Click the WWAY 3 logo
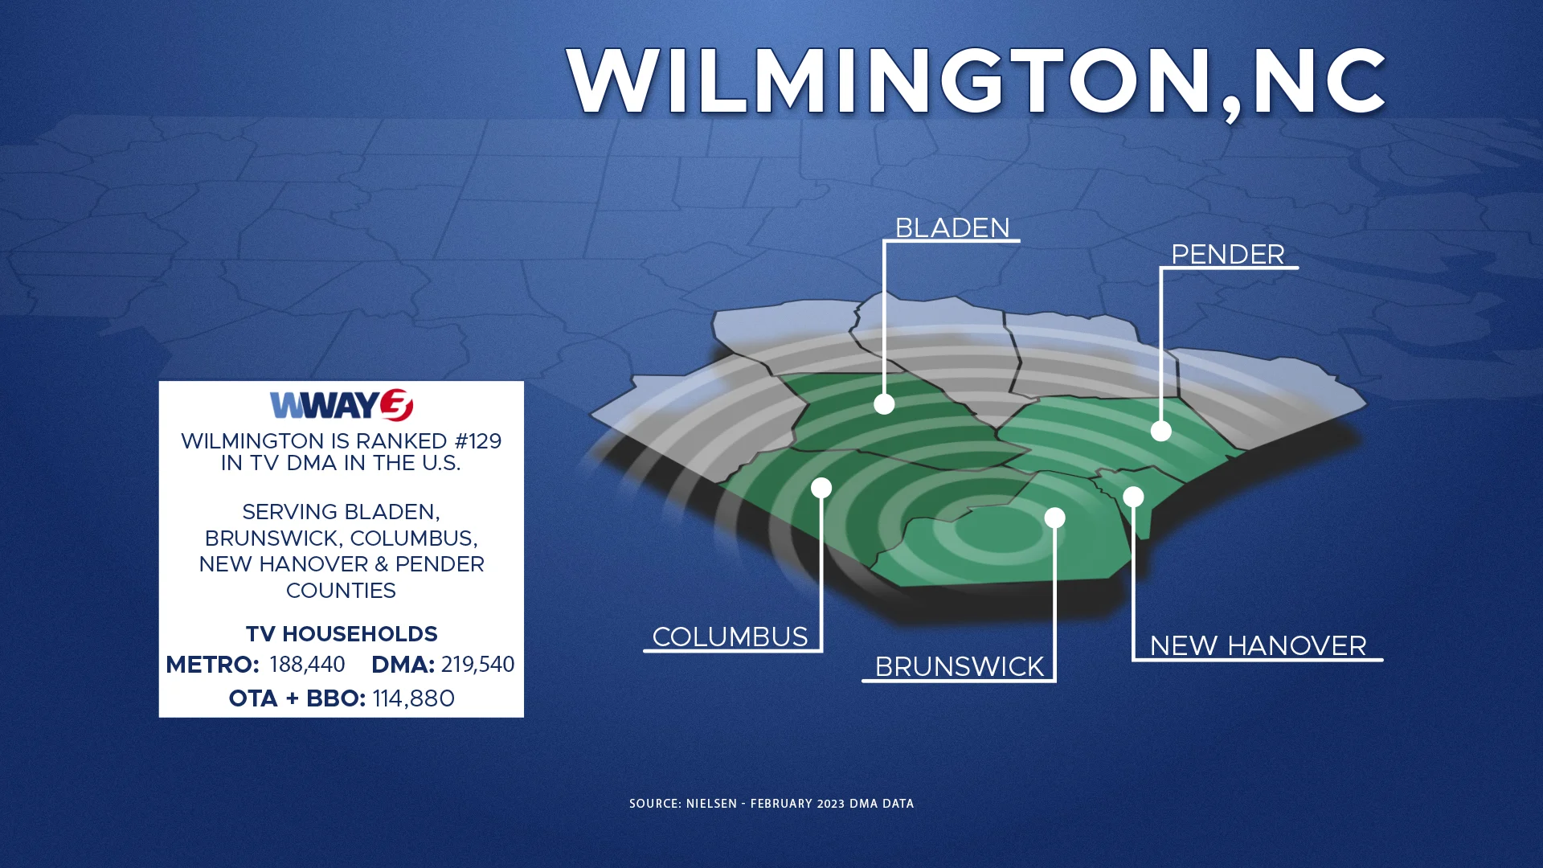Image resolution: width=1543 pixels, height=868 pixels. coord(342,405)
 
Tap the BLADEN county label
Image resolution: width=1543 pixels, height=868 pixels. coord(952,228)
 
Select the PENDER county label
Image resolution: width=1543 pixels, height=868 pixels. coord(1227,255)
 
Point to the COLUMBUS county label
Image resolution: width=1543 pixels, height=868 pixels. coord(730,637)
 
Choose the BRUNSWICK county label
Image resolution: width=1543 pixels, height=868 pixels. coord(959,666)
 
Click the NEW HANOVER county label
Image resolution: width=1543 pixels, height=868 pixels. coord(1258,645)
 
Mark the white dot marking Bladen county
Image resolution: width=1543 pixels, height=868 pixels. coord(884,403)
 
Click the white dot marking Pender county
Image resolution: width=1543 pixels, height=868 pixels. coord(1160,431)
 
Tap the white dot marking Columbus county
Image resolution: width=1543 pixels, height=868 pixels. coord(821,488)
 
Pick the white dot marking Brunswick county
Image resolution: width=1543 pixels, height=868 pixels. coord(1054,518)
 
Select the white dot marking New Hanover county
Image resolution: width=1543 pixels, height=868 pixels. coord(1133,497)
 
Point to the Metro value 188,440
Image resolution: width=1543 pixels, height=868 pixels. coord(307,665)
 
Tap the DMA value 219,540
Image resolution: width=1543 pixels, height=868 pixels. coord(477,665)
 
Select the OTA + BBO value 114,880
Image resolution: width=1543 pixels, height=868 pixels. coord(413,698)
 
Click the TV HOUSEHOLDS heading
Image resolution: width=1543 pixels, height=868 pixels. coord(342,634)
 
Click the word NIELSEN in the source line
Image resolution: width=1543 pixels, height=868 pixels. coord(711,804)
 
